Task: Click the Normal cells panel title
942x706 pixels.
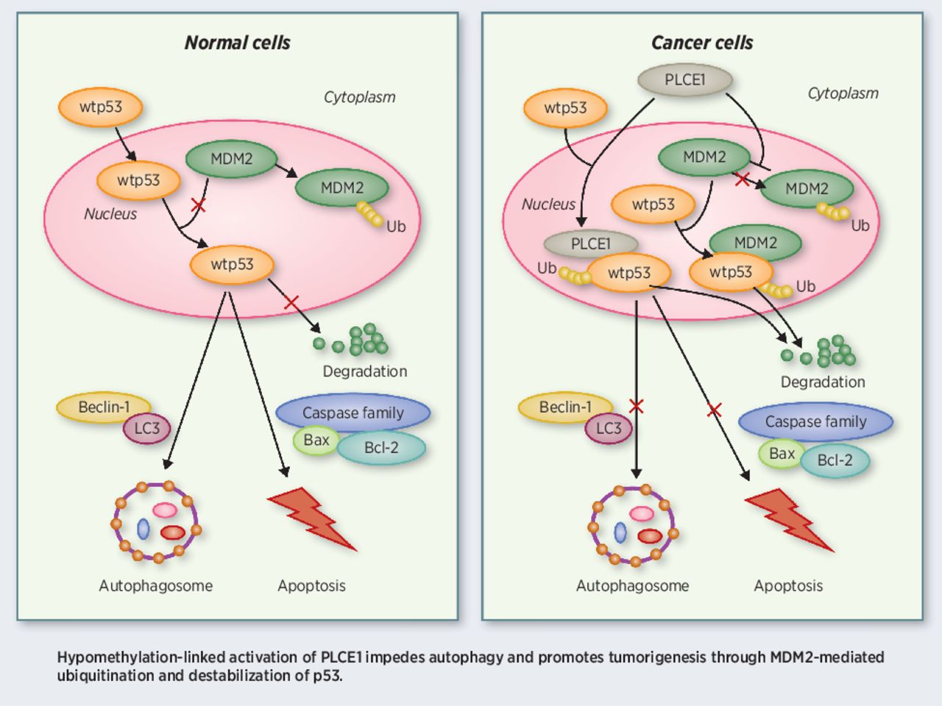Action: [x=237, y=43]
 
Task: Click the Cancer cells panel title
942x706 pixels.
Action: [x=701, y=43]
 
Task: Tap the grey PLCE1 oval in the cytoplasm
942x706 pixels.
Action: [x=684, y=79]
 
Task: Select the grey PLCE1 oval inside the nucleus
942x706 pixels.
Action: [x=590, y=243]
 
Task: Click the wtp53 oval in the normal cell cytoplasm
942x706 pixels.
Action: [x=101, y=107]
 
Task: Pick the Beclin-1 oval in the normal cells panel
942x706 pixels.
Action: [x=104, y=407]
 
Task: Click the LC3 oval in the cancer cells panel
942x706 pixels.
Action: [x=609, y=429]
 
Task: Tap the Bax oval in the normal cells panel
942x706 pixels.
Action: [x=316, y=441]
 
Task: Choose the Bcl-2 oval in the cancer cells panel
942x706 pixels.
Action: [x=835, y=460]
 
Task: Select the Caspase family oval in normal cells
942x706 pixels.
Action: [x=353, y=413]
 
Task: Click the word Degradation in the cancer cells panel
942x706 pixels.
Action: [x=823, y=382]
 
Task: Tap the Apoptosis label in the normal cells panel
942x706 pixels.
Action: [x=311, y=586]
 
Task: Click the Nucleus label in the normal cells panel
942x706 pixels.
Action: [x=110, y=214]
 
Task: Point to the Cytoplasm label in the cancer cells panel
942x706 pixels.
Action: [x=843, y=93]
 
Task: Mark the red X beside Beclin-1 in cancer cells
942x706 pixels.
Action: [x=637, y=406]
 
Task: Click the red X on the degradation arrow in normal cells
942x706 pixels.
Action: [x=291, y=302]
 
